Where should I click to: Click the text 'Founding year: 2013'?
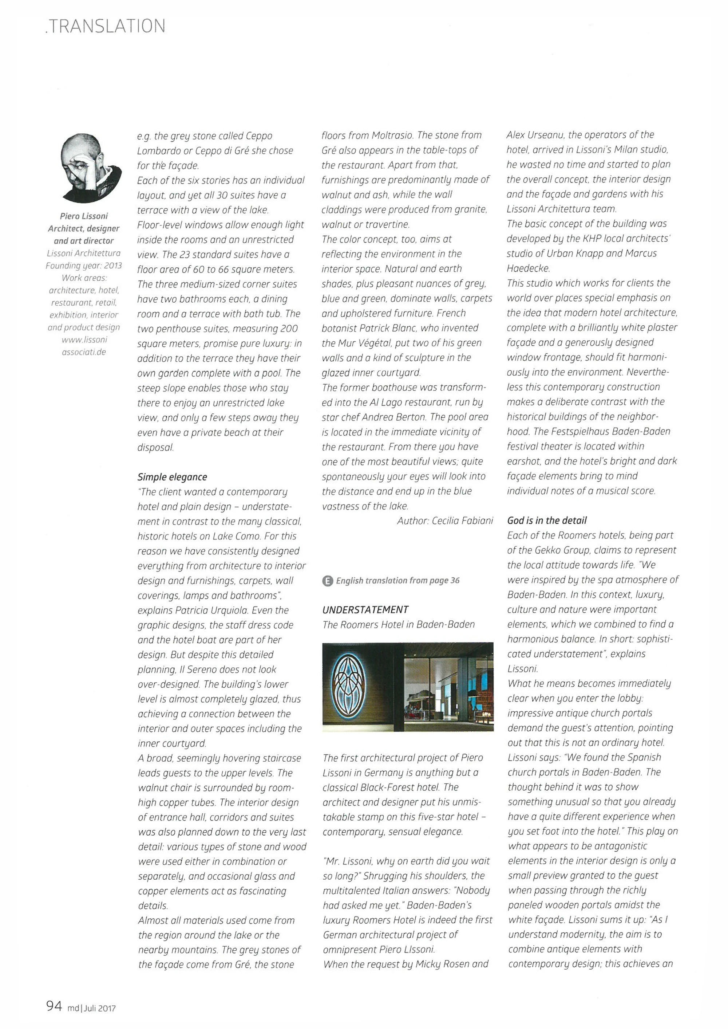[x=84, y=266]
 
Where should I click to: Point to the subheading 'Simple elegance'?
[x=172, y=477]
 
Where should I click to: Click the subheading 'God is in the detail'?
[x=546, y=521]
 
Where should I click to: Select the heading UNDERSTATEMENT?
[x=365, y=610]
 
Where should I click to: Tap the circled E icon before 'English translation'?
[x=328, y=581]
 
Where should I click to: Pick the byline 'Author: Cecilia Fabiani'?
[x=445, y=521]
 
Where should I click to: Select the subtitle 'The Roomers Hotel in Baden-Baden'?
[x=399, y=624]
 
